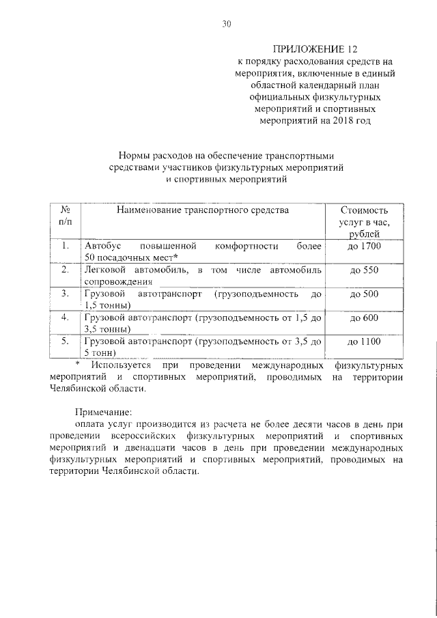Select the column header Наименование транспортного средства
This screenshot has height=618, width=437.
(203, 210)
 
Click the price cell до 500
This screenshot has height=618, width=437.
(363, 294)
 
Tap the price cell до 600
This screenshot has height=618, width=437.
(363, 318)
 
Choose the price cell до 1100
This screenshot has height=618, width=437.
(363, 341)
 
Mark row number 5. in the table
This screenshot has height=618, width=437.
(65, 341)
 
